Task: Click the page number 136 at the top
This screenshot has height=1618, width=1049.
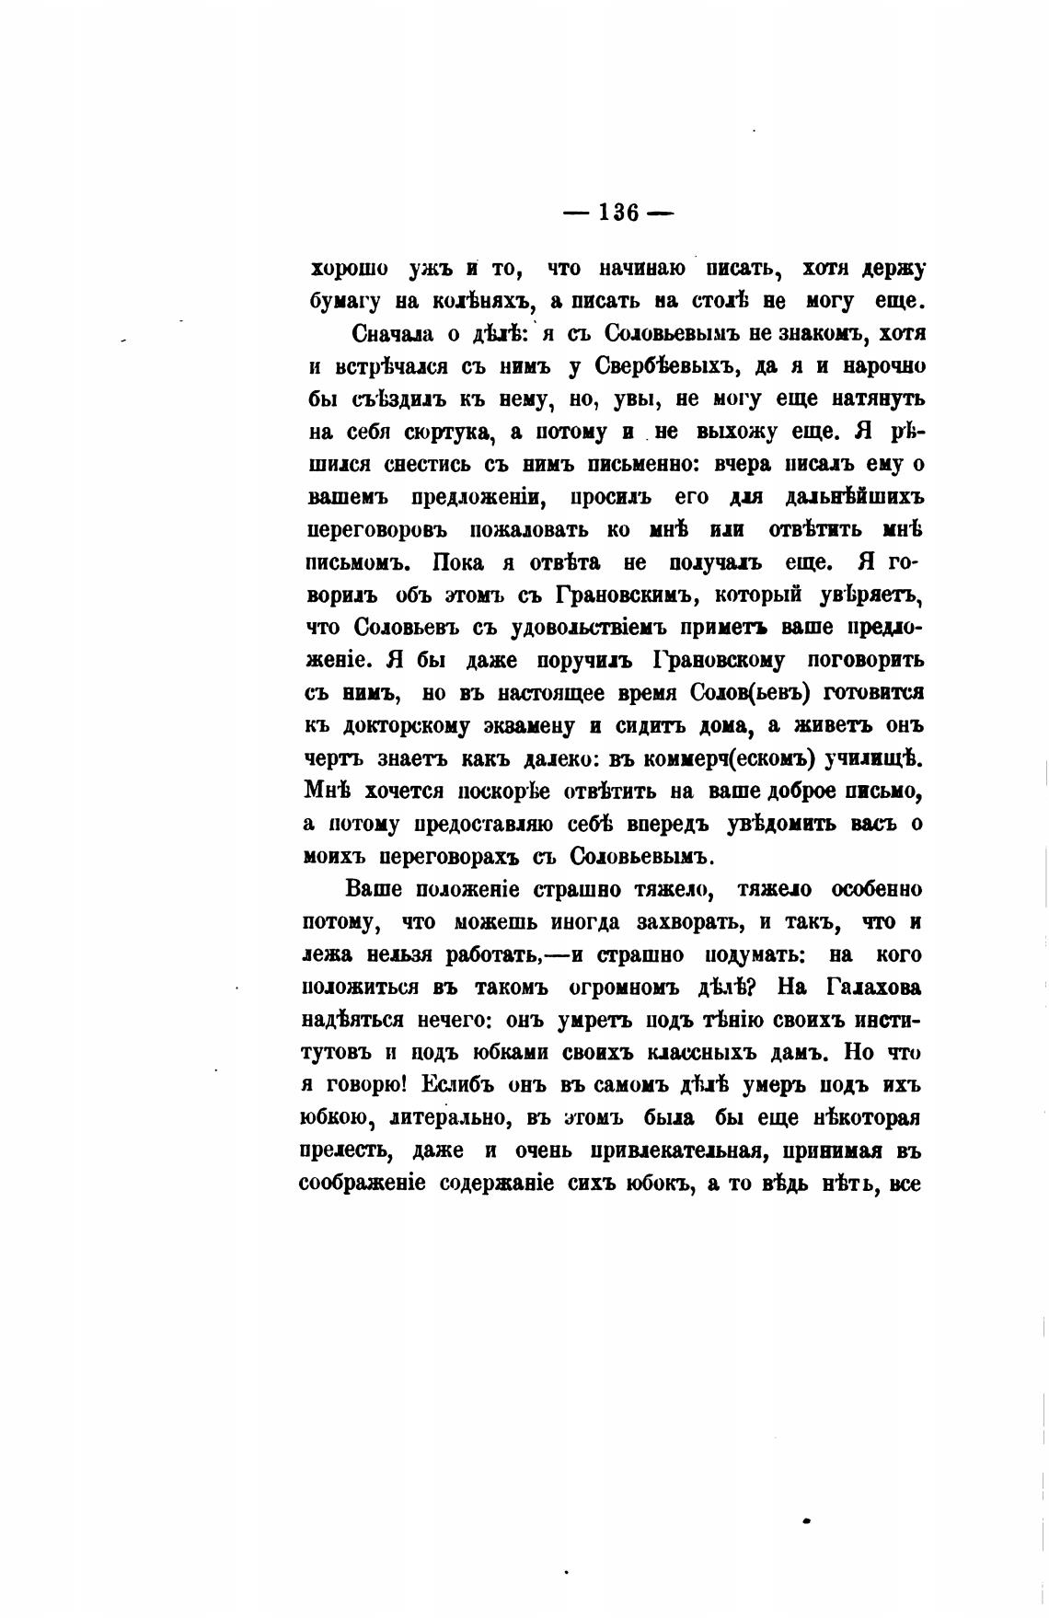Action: (618, 213)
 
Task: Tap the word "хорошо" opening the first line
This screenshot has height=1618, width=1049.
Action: (349, 269)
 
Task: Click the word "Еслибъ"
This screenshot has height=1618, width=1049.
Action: (458, 1085)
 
